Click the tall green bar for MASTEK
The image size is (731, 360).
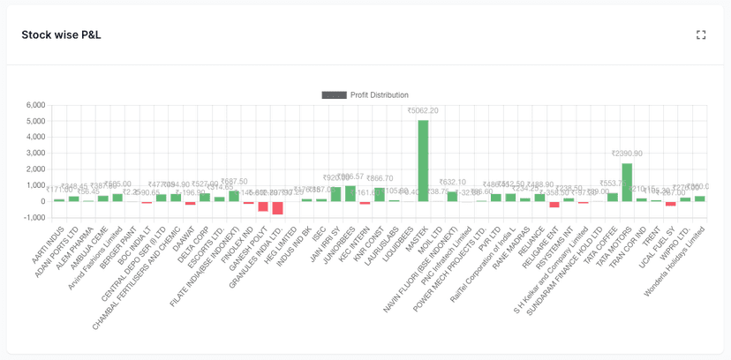[423, 161]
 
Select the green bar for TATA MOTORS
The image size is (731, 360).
[627, 182]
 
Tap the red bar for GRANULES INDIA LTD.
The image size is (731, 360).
[278, 207]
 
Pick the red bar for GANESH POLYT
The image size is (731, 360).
[263, 206]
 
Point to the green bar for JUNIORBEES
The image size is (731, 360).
[350, 193]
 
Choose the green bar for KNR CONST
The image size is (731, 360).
[380, 194]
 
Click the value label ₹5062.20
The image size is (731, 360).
[423, 111]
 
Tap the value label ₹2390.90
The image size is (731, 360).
[627, 154]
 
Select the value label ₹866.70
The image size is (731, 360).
[380, 178]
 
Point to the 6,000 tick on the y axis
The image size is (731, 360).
[35, 105]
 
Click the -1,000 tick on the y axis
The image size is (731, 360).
[34, 217]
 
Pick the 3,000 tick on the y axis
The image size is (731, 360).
[35, 153]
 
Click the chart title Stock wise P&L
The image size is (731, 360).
[61, 35]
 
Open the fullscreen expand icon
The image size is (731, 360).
[701, 35]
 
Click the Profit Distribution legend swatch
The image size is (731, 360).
[334, 95]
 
